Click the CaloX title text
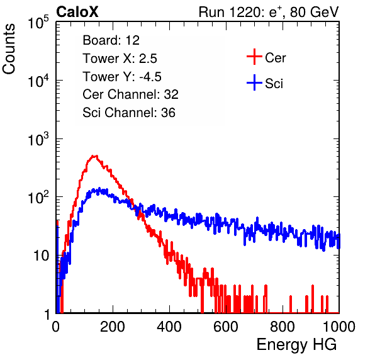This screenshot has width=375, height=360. click(77, 12)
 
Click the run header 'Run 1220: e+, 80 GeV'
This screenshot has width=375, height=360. click(269, 12)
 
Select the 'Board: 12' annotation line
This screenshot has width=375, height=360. click(111, 40)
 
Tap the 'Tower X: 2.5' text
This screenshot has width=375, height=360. click(120, 59)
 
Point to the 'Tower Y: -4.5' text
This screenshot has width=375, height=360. click(122, 77)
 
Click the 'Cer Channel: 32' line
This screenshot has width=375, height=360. click(130, 94)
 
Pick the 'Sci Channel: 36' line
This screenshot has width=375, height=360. click(129, 113)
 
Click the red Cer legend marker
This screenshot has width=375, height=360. click(254, 57)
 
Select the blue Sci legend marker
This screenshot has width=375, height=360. click(254, 82)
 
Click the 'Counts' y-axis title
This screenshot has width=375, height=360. click(9, 49)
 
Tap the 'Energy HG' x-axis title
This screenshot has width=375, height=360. click(296, 344)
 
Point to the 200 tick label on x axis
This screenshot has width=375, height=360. click(113, 327)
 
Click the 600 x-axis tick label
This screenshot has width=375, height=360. click(226, 327)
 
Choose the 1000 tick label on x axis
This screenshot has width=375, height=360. click(339, 327)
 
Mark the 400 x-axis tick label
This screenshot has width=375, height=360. click(169, 327)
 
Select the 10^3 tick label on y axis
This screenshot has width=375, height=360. click(38, 139)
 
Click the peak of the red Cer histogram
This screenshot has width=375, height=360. click(95, 156)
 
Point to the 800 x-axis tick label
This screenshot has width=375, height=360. click(283, 327)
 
